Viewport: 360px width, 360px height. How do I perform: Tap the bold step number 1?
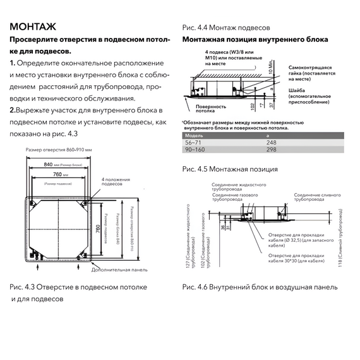(12, 64)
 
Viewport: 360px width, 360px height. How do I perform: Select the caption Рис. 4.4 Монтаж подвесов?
(225, 28)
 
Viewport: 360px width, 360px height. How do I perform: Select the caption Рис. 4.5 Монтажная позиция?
(229, 169)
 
